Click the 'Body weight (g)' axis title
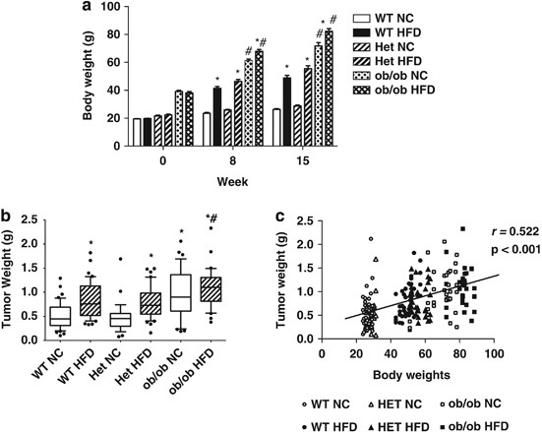pos(90,74)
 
